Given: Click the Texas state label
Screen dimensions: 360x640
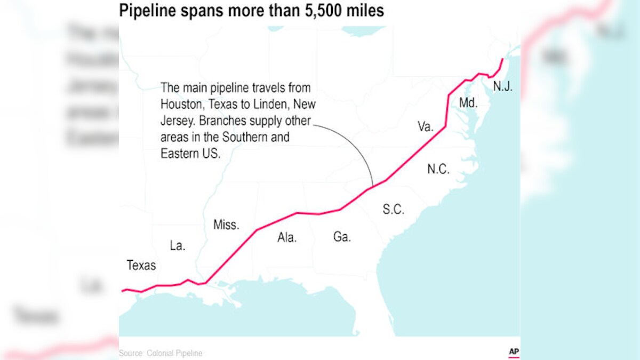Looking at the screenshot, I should click(141, 265).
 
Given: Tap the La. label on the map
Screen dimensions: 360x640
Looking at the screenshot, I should click(178, 246).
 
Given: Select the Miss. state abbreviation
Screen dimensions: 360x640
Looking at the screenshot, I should click(226, 225).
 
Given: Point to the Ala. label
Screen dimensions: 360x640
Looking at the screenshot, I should click(287, 238).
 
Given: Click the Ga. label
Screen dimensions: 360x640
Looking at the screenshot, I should click(342, 236).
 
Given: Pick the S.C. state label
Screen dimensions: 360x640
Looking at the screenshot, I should click(394, 210).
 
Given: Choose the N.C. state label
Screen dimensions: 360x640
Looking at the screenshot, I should click(438, 170).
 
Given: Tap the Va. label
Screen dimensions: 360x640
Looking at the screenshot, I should click(426, 126).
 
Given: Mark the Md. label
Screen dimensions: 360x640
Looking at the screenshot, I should click(468, 103).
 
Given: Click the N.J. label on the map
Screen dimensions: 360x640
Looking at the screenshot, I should click(503, 86).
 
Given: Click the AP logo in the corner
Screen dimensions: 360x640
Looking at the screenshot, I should click(514, 352).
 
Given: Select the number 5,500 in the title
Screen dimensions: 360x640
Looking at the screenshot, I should click(318, 11).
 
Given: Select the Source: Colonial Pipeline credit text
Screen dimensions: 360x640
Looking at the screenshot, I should click(161, 353).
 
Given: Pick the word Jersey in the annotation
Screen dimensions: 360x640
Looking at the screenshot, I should click(177, 121).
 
